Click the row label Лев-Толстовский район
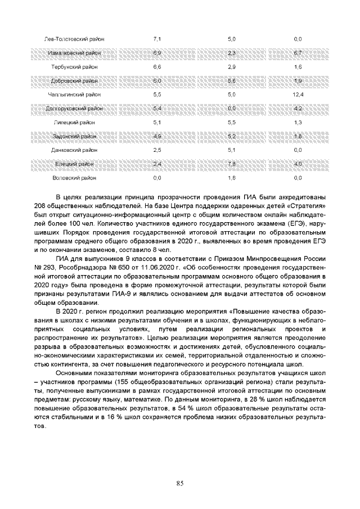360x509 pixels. coord(74,39)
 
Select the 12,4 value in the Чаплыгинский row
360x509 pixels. coord(298,94)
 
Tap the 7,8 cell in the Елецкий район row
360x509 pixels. coord(231,164)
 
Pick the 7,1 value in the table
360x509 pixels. coord(157,39)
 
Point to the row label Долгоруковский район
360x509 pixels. coord(74,108)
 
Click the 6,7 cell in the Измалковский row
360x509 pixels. coord(298,53)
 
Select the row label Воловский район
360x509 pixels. coord(74,178)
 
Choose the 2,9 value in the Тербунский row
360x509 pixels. coord(231,66)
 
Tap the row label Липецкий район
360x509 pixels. coord(74,122)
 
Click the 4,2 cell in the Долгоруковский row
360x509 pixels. coord(298,108)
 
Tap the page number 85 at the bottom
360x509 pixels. coord(180,483)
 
